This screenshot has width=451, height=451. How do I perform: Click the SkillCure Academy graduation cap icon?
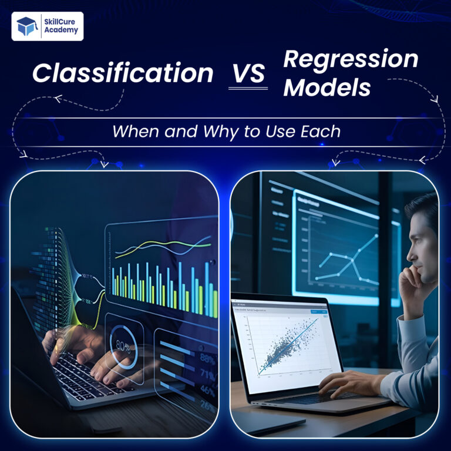[26, 26]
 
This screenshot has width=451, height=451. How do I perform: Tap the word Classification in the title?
[123, 73]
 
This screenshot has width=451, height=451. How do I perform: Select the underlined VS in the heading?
[247, 75]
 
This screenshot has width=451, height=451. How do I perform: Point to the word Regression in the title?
[351, 60]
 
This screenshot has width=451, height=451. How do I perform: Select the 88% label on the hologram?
[207, 357]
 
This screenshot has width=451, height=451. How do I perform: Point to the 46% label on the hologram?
[207, 389]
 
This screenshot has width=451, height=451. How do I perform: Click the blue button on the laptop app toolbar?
[315, 312]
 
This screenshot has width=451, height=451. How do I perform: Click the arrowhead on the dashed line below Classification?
[58, 99]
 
